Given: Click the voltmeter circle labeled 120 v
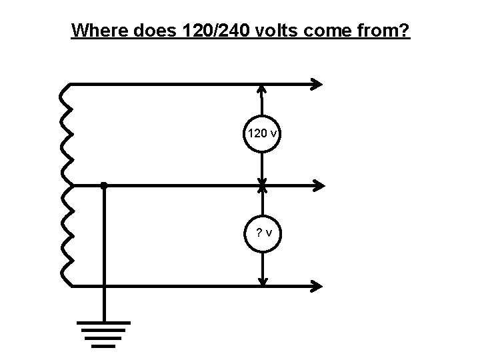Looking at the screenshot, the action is click(x=263, y=133).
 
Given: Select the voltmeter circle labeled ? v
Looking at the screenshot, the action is click(x=263, y=233).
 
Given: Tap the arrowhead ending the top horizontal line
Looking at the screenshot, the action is click(x=317, y=84).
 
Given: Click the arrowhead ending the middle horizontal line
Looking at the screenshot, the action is click(x=318, y=185).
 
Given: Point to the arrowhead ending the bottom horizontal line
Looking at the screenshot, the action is click(x=317, y=286).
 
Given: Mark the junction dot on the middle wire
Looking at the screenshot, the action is click(x=103, y=186).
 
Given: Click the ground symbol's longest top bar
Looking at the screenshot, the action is click(x=103, y=323).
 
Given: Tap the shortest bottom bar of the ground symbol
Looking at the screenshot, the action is click(x=103, y=346).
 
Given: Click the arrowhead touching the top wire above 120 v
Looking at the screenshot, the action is click(x=263, y=89).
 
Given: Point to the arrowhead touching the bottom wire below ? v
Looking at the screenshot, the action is click(x=263, y=281).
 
